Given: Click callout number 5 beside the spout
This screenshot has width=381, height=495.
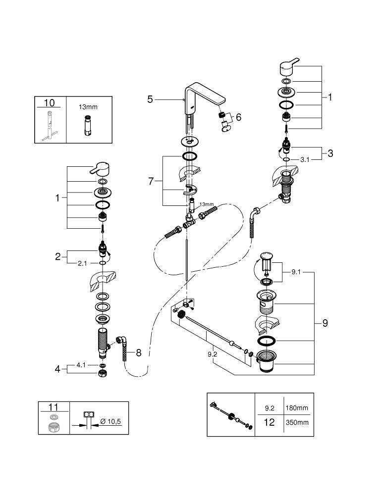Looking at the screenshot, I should (x=150, y=99).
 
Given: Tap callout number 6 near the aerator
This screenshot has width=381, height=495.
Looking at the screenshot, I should (x=238, y=117).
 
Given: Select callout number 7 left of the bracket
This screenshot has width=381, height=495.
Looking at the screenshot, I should (x=152, y=181).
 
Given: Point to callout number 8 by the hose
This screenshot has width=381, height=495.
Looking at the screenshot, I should (x=138, y=352).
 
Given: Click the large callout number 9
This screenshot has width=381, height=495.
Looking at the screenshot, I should (x=325, y=323).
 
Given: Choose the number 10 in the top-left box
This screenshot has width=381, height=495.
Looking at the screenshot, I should (x=50, y=103).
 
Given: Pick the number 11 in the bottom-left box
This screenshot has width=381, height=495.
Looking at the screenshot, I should (x=54, y=407).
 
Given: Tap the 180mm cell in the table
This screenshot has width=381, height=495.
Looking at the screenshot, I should (x=297, y=408).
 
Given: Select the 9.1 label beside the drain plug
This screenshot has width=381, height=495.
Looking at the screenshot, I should (x=297, y=271).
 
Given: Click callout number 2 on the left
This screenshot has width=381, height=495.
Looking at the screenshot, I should (x=57, y=256).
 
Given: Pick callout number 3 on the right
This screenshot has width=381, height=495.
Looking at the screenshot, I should (x=330, y=153).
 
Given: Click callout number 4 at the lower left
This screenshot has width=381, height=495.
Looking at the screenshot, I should (x=57, y=369).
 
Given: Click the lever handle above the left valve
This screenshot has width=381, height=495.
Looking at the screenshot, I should (x=101, y=169).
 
